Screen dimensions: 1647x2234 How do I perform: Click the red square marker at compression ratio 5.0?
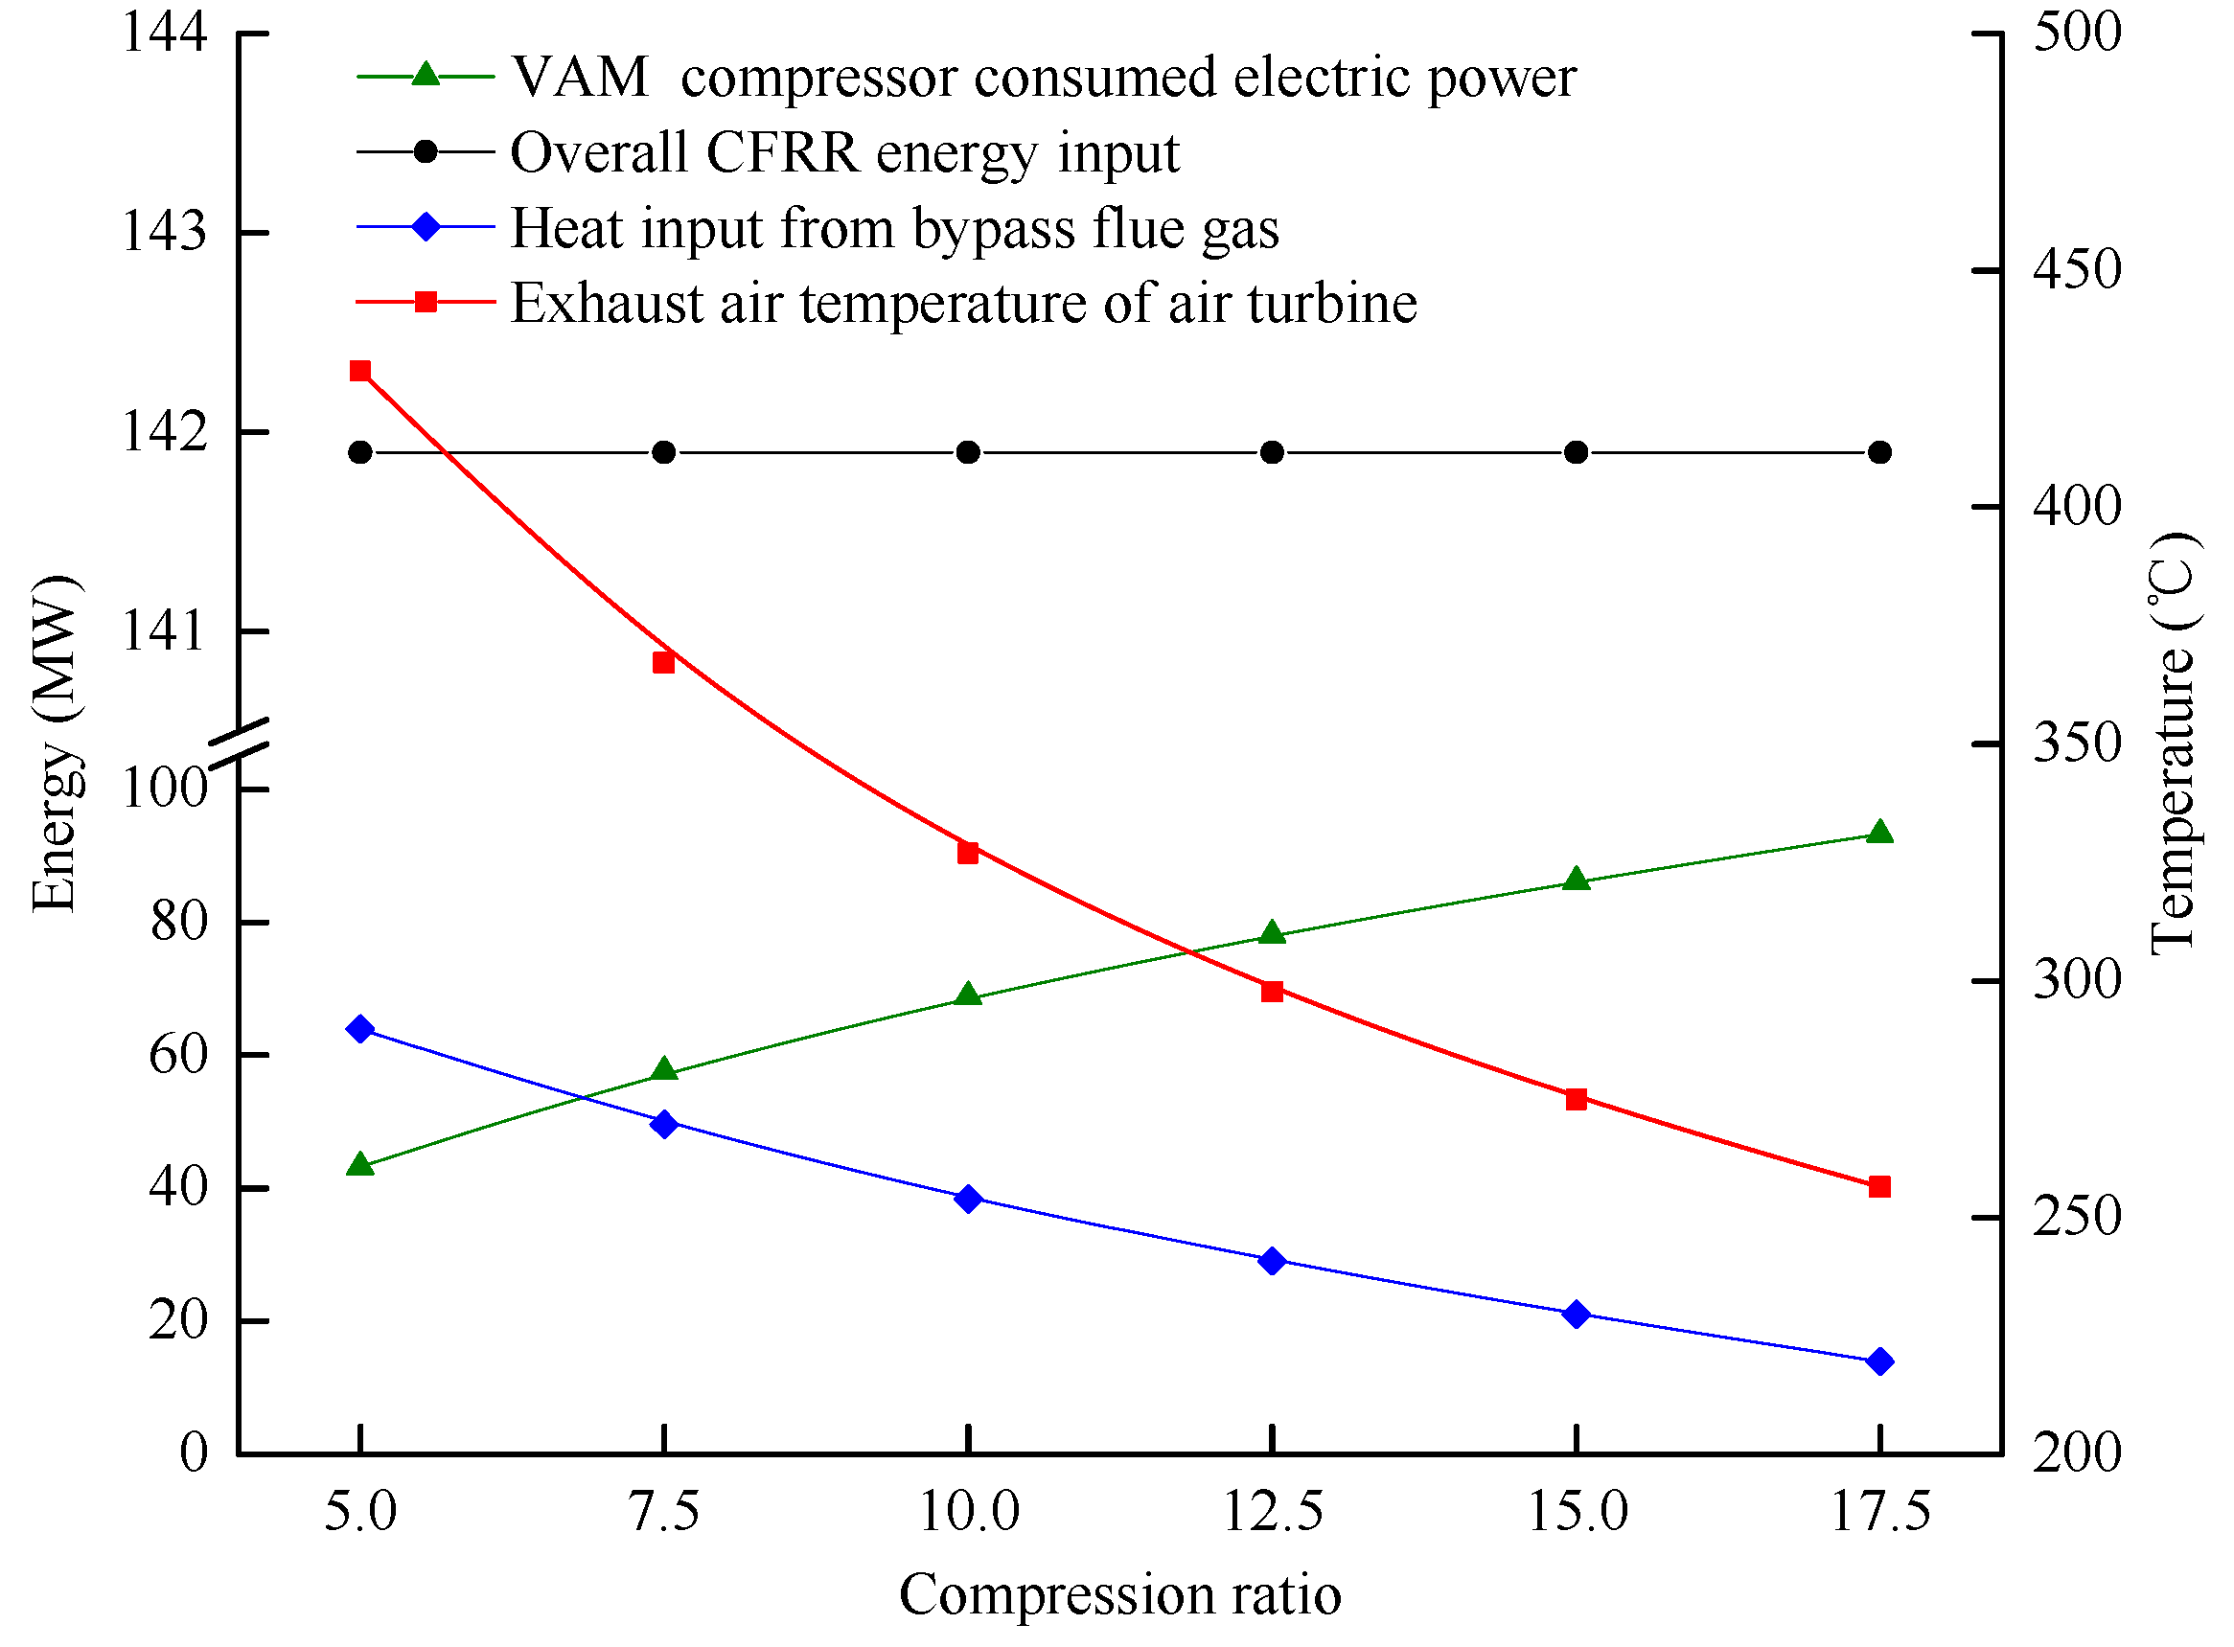(360, 372)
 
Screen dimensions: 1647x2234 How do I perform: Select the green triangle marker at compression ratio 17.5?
(1880, 834)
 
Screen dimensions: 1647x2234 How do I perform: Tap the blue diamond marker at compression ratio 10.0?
(967, 1200)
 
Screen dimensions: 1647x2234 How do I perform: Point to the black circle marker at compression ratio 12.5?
(1272, 452)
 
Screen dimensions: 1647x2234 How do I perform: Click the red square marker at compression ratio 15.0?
(1576, 1100)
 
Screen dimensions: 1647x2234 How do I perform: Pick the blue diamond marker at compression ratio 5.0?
(360, 1030)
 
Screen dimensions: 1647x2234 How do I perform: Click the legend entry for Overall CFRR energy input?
(843, 152)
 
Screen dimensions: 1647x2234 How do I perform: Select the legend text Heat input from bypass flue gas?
(893, 228)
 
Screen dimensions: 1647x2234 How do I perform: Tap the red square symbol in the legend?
(426, 301)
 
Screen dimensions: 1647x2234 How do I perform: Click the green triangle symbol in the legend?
(426, 75)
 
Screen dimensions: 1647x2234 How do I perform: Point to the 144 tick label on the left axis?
(165, 32)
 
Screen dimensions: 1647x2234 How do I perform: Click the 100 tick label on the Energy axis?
(165, 789)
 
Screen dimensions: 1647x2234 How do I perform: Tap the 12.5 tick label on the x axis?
(1272, 1511)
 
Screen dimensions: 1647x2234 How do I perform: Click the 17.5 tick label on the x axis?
(1880, 1511)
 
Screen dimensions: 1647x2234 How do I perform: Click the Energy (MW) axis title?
(55, 743)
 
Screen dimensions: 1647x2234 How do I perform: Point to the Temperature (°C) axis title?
(2175, 743)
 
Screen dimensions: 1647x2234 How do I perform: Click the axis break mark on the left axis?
(240, 743)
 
